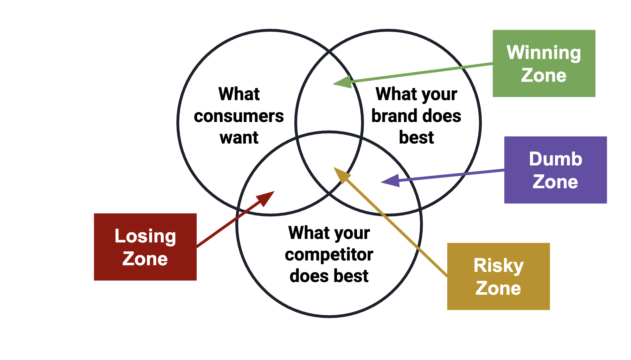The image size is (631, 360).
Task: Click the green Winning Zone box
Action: pos(544,63)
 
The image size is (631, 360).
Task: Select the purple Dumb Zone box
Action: pos(556,170)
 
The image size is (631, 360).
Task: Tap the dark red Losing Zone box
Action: pos(145,247)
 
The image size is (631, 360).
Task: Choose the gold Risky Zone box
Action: pos(499,276)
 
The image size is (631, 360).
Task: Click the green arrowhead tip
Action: pos(333,84)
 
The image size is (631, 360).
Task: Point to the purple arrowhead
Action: pos(390,181)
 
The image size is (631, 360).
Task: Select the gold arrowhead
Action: pos(342,175)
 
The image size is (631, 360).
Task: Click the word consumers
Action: pos(239,116)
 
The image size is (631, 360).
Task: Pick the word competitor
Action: pos(329,254)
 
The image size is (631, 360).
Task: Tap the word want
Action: pos(239,138)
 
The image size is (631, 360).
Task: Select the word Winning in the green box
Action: pos(544,53)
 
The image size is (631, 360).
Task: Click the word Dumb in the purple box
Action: pos(556,159)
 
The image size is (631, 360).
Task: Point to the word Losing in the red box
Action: pos(145,236)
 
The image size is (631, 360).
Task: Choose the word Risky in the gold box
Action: pos(499,266)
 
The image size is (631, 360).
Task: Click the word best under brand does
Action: pos(416,138)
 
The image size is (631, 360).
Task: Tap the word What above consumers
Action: pos(239,94)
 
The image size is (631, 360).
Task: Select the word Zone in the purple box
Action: pos(555,182)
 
